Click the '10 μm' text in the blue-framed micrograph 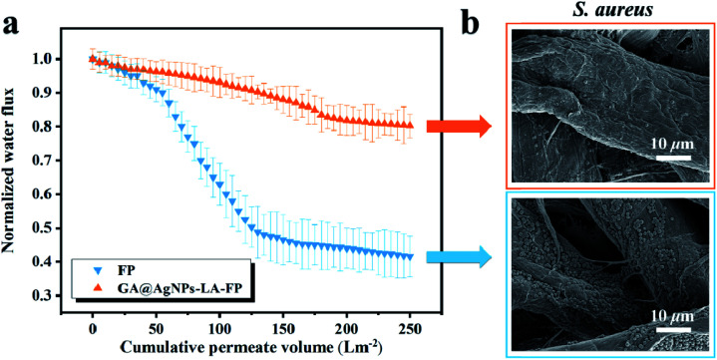673,317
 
